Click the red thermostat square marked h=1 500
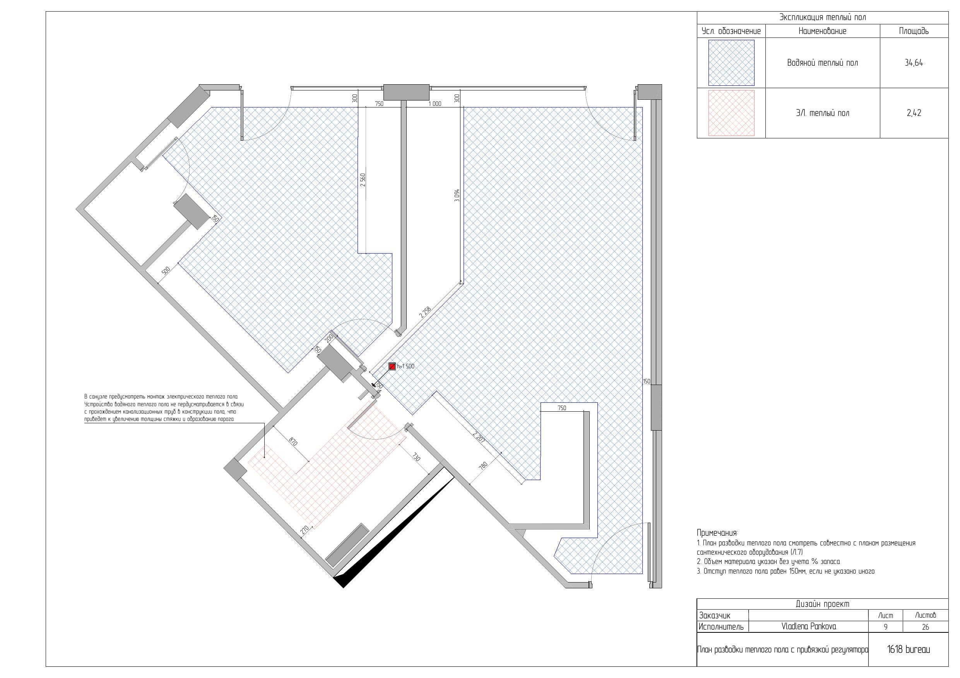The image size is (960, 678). [392, 366]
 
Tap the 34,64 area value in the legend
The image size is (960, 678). [914, 63]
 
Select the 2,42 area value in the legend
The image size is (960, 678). [914, 113]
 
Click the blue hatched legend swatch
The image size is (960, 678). [731, 63]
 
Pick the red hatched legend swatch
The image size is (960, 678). [731, 113]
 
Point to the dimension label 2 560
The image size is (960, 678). [363, 180]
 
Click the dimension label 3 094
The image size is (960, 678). [457, 196]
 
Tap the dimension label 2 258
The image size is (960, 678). [425, 312]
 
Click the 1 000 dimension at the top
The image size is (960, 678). [435, 104]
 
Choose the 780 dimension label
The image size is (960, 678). [483, 466]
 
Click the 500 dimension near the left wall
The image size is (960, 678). [166, 271]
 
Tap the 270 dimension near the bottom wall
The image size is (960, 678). [305, 529]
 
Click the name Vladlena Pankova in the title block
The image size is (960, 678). [809, 626]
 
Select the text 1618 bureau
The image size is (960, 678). [909, 650]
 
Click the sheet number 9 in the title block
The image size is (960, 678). [886, 627]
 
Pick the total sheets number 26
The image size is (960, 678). [925, 627]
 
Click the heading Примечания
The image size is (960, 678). [717, 533]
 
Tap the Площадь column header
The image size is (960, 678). [914, 31]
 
